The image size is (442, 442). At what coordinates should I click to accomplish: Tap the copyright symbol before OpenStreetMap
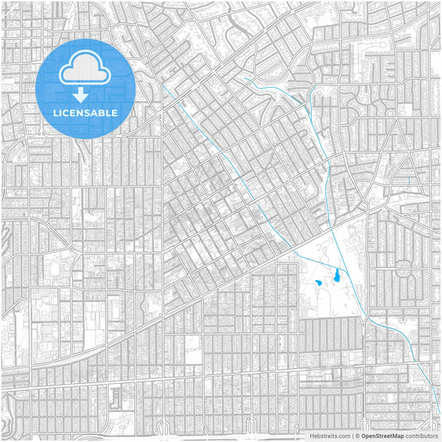(x=357, y=435)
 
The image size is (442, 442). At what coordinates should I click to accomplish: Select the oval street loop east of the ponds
(x=404, y=269)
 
